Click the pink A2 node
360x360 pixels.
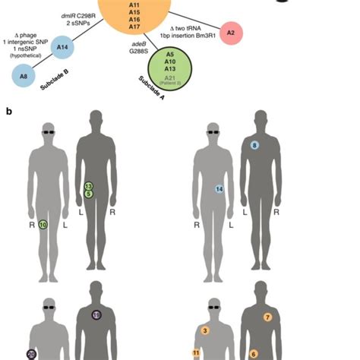click(231, 33)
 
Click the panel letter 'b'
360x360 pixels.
click(8, 111)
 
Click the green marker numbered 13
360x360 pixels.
click(89, 186)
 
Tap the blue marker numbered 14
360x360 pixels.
click(219, 188)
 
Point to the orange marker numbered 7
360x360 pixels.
click(267, 317)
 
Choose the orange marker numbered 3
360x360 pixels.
click(205, 330)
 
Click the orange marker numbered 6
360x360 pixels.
click(254, 353)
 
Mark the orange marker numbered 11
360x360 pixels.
click(196, 353)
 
